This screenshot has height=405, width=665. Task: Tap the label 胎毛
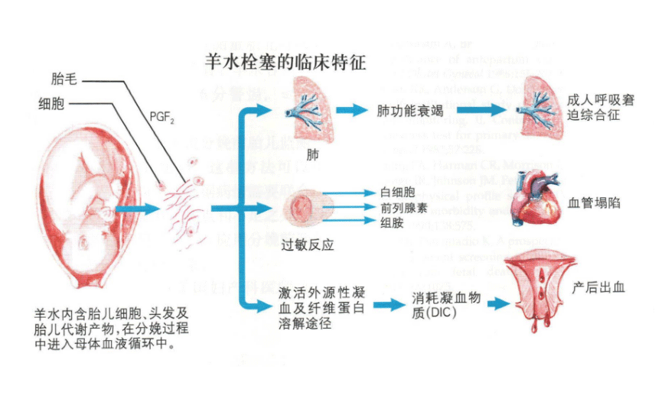pos(63,78)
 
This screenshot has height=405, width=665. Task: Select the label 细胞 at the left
pos(51,102)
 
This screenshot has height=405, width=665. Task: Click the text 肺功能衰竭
pos(409,111)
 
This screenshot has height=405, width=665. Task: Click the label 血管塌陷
pos(595,203)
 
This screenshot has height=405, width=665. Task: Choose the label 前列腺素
pos(403,207)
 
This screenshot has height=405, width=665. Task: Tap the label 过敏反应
pos(309,244)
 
